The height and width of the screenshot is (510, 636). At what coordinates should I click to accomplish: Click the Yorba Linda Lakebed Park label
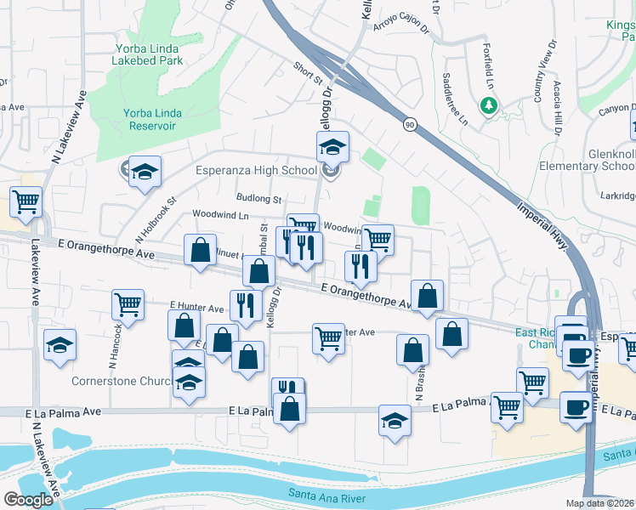coord(149,54)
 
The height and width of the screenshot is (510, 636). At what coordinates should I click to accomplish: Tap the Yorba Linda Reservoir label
coord(149,119)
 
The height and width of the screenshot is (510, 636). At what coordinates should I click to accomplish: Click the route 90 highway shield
coord(410,125)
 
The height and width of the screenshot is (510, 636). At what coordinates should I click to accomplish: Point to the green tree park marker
coord(489,105)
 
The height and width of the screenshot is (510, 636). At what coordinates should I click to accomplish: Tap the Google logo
coord(28,500)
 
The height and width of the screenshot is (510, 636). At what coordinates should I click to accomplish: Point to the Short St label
coord(308,74)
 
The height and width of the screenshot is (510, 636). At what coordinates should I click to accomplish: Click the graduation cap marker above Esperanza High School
coord(333,146)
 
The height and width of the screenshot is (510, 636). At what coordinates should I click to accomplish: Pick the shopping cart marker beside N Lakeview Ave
coord(26,202)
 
